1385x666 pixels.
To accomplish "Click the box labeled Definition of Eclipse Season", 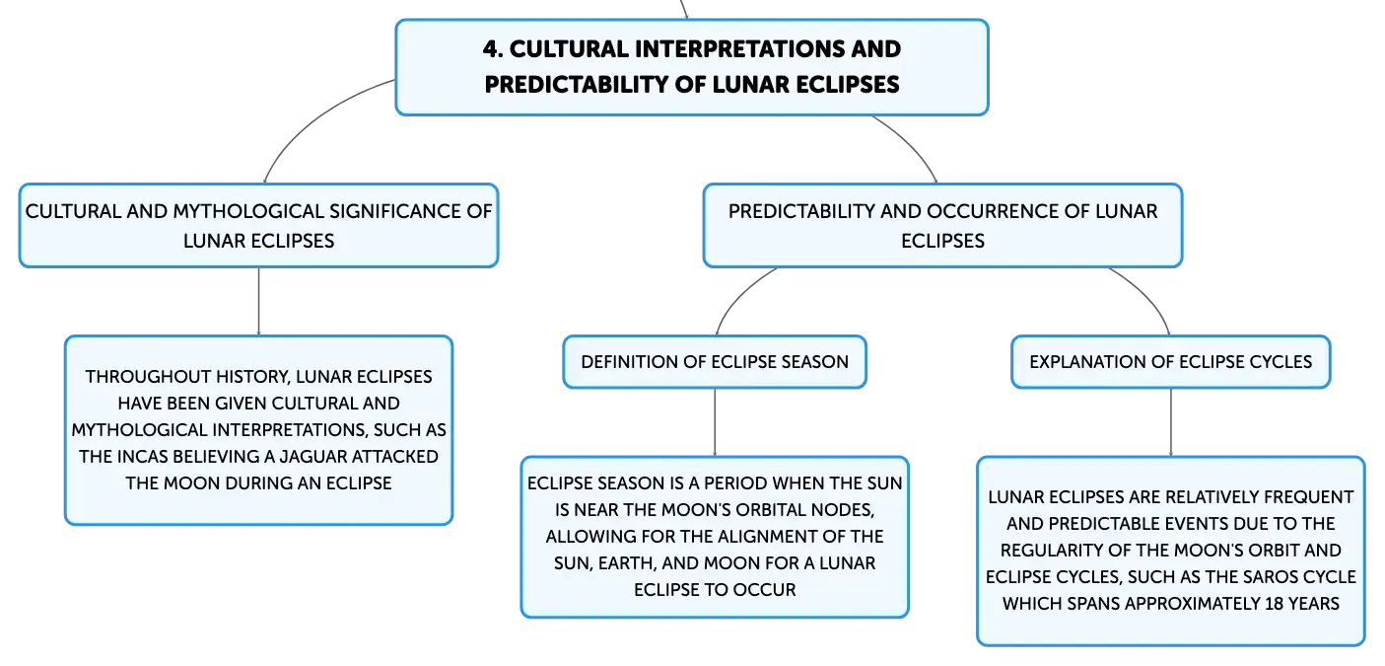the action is click(715, 362).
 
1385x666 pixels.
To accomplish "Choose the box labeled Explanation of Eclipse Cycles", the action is click(1170, 362).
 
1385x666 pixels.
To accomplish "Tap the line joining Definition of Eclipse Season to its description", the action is click(715, 422).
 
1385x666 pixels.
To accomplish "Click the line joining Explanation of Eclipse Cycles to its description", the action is click(1170, 422).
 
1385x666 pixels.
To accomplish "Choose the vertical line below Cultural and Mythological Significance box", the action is click(258, 302).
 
